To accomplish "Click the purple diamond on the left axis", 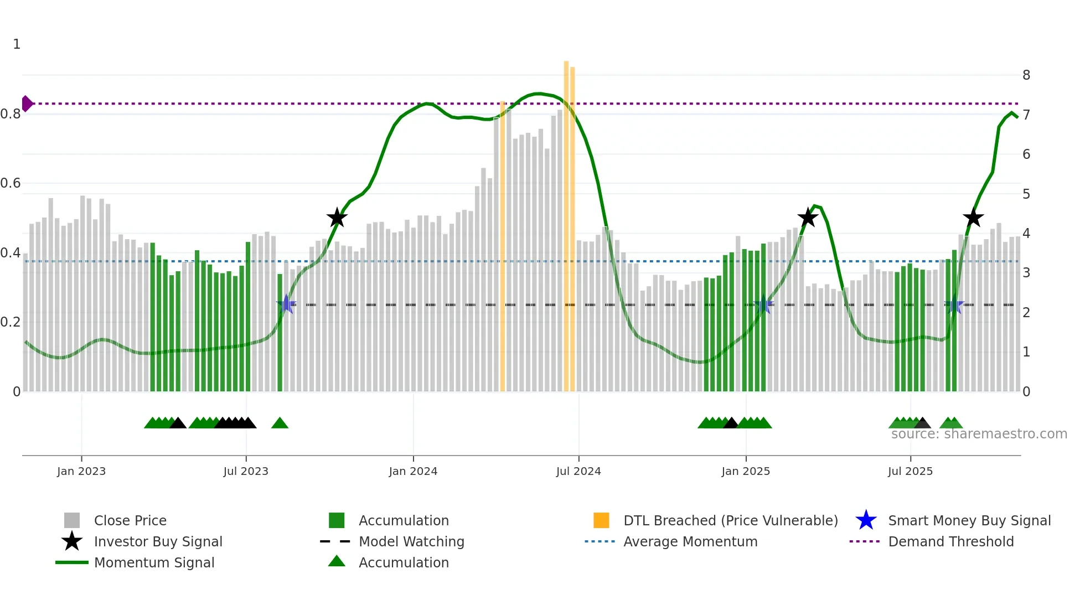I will click(x=27, y=104).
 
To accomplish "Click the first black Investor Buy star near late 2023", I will click(x=337, y=218).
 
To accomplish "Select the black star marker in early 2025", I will click(x=808, y=218).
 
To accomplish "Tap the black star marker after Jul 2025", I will click(x=973, y=218).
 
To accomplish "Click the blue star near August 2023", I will click(x=286, y=304).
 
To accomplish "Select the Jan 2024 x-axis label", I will click(x=413, y=472).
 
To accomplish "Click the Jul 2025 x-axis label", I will click(x=910, y=472).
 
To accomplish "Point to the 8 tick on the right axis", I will click(x=1026, y=75).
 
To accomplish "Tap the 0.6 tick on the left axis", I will click(x=11, y=183).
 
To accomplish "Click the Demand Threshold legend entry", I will click(x=950, y=542).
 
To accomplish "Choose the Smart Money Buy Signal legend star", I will click(x=866, y=521).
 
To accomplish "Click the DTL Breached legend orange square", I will click(x=601, y=521).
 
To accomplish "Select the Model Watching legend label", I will click(x=411, y=542).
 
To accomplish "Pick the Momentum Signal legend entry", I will click(x=154, y=563).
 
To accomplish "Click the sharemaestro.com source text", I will click(x=979, y=434).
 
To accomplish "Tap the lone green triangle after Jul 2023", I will click(x=280, y=423).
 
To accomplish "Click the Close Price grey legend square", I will click(x=72, y=521).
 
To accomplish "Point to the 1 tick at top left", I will click(x=17, y=44).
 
